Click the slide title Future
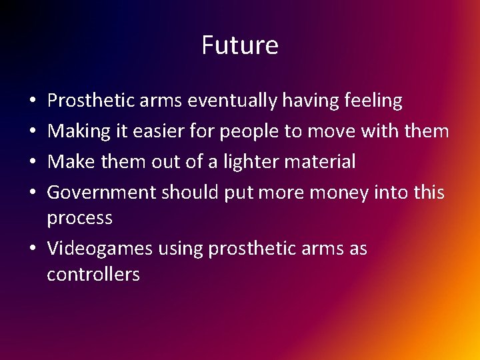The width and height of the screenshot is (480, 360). pyautogui.click(x=240, y=45)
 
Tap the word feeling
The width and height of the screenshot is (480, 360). pyautogui.click(x=369, y=101)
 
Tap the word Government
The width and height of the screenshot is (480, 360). pyautogui.click(x=101, y=193)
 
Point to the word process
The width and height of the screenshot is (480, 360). pyautogui.click(x=79, y=219)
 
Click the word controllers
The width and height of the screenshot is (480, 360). pyautogui.click(x=93, y=274)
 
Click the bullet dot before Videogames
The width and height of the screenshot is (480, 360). pyautogui.click(x=33, y=249)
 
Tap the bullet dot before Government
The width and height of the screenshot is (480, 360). pyautogui.click(x=33, y=193)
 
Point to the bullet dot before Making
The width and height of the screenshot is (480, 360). pyautogui.click(x=33, y=132)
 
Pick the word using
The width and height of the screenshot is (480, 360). pyautogui.click(x=181, y=249)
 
